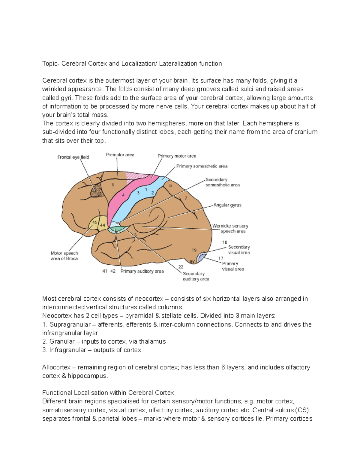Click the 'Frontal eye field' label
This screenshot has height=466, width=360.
coord(73,157)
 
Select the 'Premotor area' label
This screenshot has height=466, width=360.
coord(120,155)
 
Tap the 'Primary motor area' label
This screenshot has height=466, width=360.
coord(177,156)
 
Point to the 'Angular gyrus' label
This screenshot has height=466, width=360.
coord(227,205)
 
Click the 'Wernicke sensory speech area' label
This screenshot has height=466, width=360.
coord(230,229)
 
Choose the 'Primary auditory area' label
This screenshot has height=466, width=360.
coord(142,271)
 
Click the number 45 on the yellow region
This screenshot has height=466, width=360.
coord(95,222)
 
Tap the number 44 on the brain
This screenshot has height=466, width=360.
coord(103,225)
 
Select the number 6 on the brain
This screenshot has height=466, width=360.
coord(113,185)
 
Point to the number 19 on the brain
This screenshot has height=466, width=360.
coord(194,250)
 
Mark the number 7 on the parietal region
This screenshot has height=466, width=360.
coord(186,198)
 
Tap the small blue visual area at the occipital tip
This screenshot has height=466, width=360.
coord(202,257)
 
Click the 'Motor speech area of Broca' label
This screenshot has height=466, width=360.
coord(64,256)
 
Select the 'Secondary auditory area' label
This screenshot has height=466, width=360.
coord(196,276)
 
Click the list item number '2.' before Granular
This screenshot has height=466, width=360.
coord(45,341)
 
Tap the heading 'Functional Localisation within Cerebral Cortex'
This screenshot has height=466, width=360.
coord(108,393)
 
